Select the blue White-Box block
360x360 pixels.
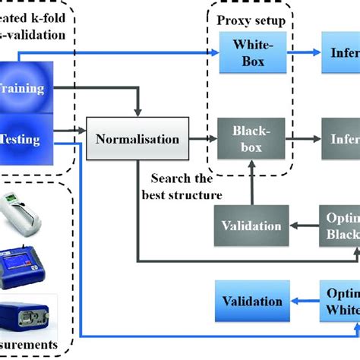click(x=248, y=53)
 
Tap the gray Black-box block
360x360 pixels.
click(x=248, y=138)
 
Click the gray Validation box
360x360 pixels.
click(x=251, y=204)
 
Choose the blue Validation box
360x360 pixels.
click(x=251, y=279)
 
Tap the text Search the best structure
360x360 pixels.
click(x=185, y=187)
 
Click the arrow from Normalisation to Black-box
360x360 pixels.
click(x=200, y=139)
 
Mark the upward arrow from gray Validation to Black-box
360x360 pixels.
click(x=249, y=174)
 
